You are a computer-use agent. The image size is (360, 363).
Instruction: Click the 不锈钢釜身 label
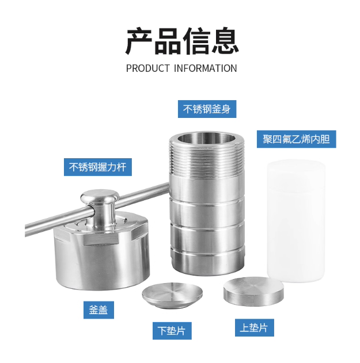point(207,109)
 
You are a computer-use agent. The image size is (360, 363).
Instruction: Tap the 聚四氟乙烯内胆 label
point(296,139)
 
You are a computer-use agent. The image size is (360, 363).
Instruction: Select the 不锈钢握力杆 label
point(98,167)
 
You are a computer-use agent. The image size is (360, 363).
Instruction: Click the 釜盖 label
point(98,309)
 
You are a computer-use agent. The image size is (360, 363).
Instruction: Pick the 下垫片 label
point(172,331)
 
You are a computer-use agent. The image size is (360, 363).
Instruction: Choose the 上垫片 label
point(255,327)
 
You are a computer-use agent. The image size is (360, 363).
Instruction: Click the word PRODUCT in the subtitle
point(148,68)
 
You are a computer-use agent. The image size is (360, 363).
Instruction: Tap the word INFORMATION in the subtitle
point(206,68)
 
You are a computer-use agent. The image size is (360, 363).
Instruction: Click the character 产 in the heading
point(139,41)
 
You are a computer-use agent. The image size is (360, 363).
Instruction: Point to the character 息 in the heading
point(225,41)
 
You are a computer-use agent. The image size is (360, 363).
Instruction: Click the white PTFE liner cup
point(296,221)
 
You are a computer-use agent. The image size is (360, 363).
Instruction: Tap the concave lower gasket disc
point(172,295)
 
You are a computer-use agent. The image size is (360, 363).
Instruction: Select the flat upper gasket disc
point(253,292)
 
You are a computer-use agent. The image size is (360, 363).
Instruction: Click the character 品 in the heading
point(168,41)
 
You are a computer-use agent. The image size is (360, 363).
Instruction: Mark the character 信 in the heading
point(196,41)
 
